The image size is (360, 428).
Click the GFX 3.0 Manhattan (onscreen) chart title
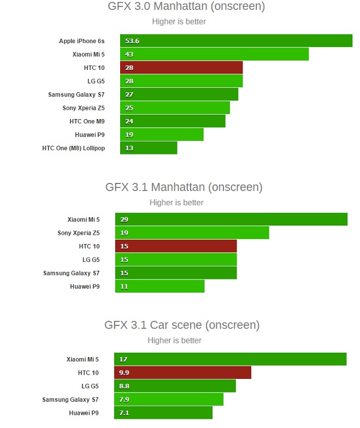tap(186, 7)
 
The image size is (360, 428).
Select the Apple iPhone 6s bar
tap(236, 41)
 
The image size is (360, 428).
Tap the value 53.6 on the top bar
tap(132, 41)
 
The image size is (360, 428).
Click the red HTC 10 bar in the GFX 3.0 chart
tap(181, 68)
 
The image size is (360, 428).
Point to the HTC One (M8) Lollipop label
tap(73, 148)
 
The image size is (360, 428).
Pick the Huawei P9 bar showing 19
tap(162, 134)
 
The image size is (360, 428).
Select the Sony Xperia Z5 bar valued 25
tap(175, 108)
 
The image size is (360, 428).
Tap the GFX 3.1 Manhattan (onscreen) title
tap(184, 187)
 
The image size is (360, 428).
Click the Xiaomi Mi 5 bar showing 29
tap(231, 219)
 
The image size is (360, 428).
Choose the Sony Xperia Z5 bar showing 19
tap(192, 233)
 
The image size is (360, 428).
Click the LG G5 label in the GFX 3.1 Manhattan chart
tap(91, 260)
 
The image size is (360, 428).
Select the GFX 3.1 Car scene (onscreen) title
tap(182, 325)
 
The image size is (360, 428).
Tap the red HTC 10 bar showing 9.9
tap(182, 373)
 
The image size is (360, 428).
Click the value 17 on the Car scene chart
tap(123, 359)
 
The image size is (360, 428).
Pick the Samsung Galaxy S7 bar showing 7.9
tap(168, 400)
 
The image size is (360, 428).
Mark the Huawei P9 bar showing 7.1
tap(163, 413)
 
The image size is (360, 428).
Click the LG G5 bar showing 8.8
tap(175, 386)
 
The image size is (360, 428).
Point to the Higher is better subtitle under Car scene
tap(174, 341)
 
